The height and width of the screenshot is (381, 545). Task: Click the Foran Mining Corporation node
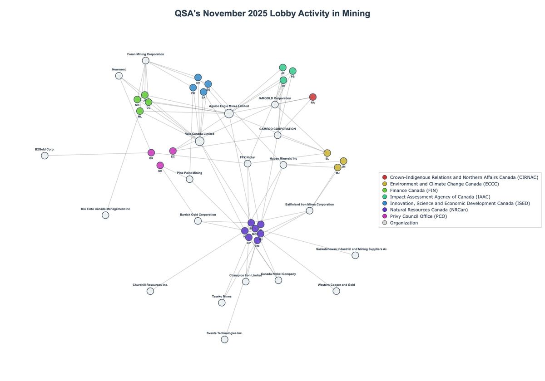pyautogui.click(x=145, y=60)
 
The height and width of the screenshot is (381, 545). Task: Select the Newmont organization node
pyautogui.click(x=119, y=76)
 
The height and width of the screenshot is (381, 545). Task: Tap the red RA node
pyautogui.click(x=312, y=97)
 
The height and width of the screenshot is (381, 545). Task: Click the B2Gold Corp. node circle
pyautogui.click(x=45, y=156)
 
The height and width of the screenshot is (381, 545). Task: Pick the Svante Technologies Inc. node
pyautogui.click(x=224, y=339)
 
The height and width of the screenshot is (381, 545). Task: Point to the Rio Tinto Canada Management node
pyautogui.click(x=105, y=215)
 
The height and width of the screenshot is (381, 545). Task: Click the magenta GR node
pyautogui.click(x=160, y=165)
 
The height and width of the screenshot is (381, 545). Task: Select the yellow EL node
pyautogui.click(x=327, y=153)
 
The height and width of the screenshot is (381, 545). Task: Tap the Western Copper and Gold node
pyautogui.click(x=336, y=291)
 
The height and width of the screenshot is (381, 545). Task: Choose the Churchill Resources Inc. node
pyautogui.click(x=150, y=291)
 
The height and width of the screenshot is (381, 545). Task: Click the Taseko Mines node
pyautogui.click(x=222, y=303)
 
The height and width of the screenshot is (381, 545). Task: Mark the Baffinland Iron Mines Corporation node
pyautogui.click(x=309, y=210)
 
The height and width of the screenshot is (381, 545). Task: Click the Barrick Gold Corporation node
pyautogui.click(x=198, y=221)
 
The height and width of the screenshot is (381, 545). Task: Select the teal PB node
pyautogui.click(x=292, y=71)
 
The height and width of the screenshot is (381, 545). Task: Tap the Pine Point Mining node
pyautogui.click(x=189, y=179)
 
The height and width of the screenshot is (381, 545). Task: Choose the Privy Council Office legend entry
pyautogui.click(x=418, y=216)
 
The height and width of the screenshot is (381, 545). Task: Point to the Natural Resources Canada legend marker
pyautogui.click(x=385, y=210)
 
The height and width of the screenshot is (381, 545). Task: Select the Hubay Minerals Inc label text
pyautogui.click(x=283, y=159)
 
